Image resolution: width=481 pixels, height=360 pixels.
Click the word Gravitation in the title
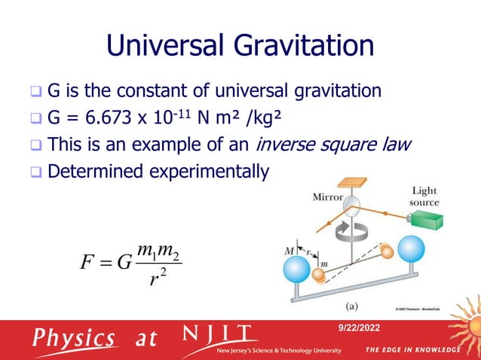coord(305,47)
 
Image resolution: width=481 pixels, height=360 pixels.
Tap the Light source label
coord(424,197)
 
